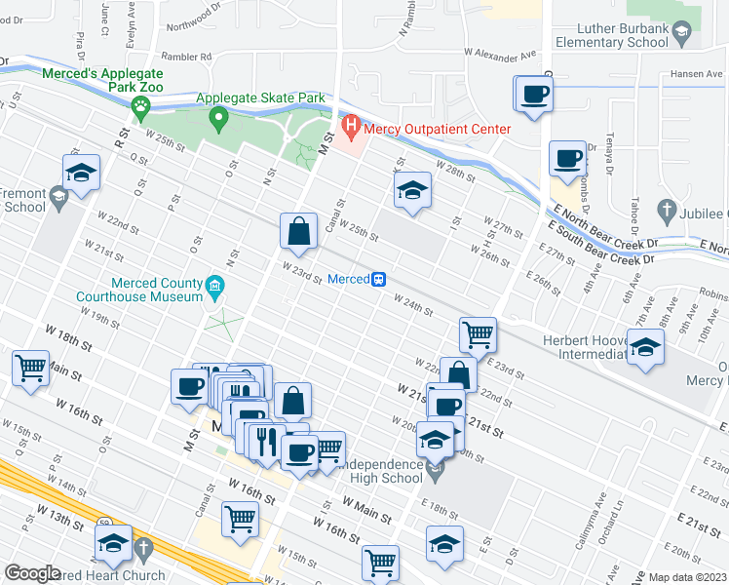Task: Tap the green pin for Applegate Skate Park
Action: [x=219, y=120]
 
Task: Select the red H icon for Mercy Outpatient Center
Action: [x=351, y=127]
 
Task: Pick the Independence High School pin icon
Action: [x=436, y=471]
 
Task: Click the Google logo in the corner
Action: [x=32, y=573]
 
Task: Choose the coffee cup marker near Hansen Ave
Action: [x=533, y=96]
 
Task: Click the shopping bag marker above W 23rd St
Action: [x=299, y=232]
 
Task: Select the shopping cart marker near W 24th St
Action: [x=479, y=334]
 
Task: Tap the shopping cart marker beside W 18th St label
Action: [x=30, y=369]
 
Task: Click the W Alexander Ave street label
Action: [x=500, y=57]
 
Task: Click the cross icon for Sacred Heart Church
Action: [x=145, y=549]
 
